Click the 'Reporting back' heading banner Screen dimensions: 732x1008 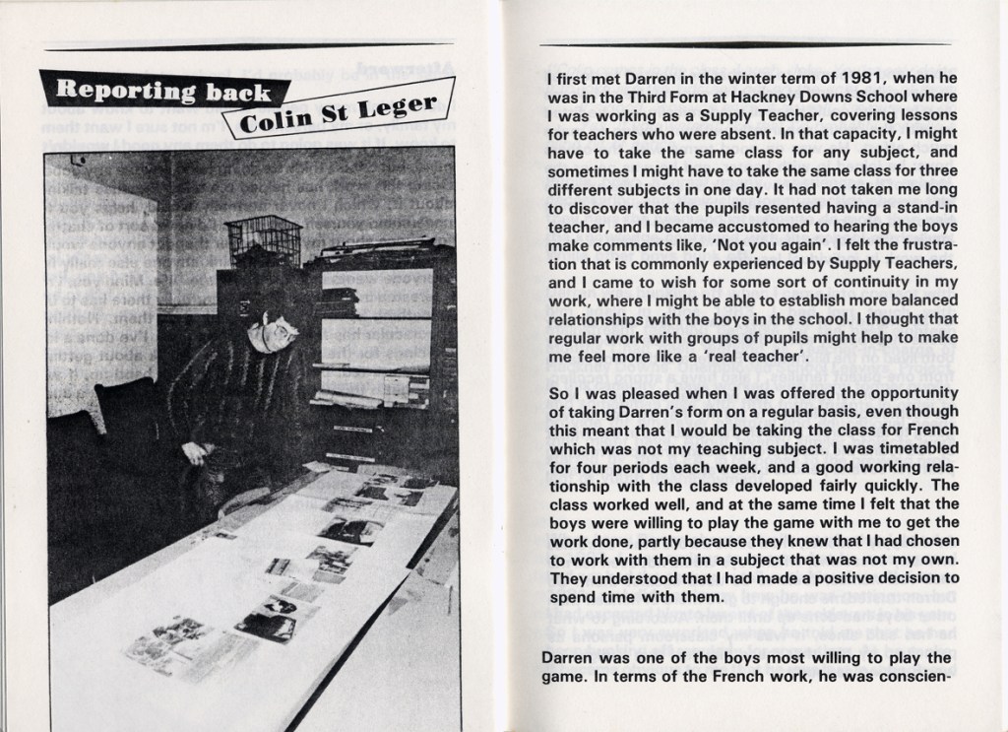(162, 93)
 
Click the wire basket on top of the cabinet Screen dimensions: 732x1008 (263, 239)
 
